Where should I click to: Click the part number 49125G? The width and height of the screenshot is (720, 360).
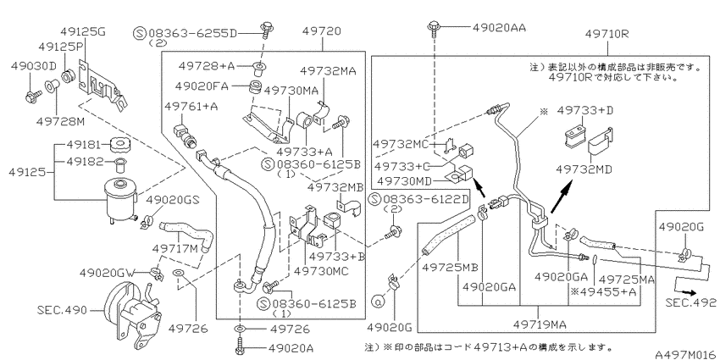click(x=83, y=31)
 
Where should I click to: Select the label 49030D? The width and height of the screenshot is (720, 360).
click(x=34, y=66)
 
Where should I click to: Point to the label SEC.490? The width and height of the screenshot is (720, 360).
click(x=62, y=310)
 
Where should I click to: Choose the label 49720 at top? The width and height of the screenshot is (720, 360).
click(x=322, y=31)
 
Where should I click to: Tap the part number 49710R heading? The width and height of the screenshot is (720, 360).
click(x=607, y=34)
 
